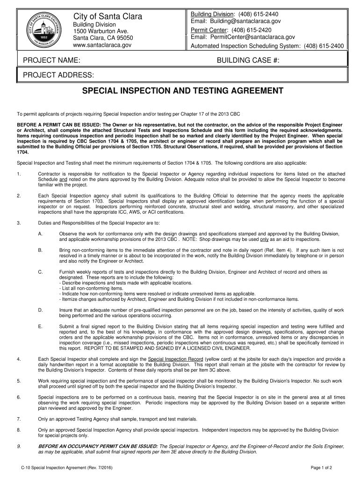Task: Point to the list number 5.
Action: [x=18, y=381]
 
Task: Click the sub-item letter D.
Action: [x=41, y=310]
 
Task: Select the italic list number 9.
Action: [x=18, y=446]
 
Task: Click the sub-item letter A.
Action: [x=41, y=233]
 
